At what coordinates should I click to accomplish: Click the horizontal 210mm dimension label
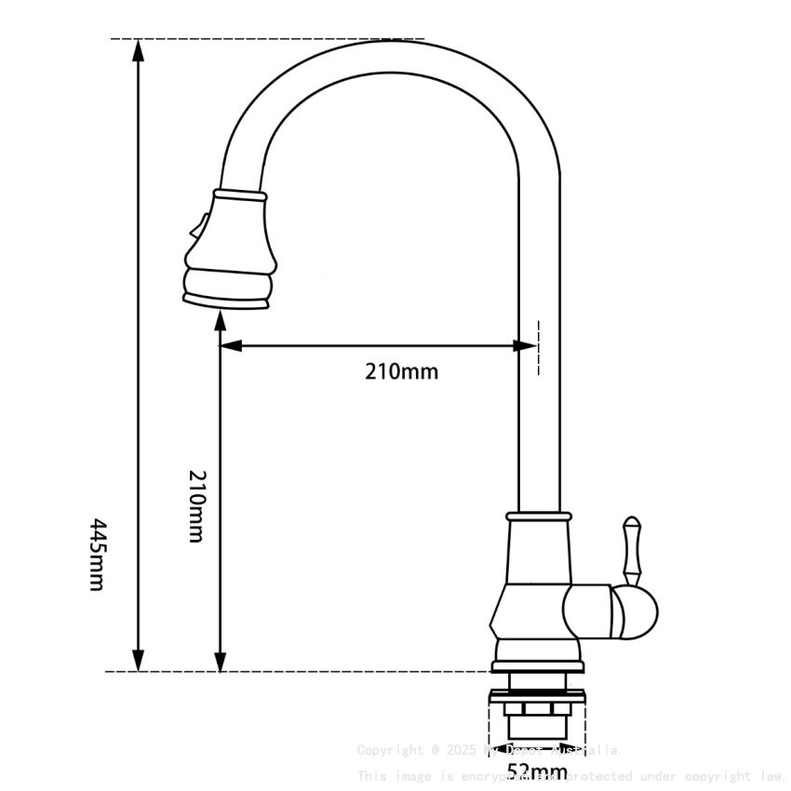point(401,372)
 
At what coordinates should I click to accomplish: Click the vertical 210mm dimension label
point(196,506)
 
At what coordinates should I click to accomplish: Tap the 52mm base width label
point(537,771)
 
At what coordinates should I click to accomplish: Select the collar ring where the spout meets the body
point(538,516)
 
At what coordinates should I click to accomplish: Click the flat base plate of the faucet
point(538,666)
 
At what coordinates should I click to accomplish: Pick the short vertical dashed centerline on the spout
point(538,348)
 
